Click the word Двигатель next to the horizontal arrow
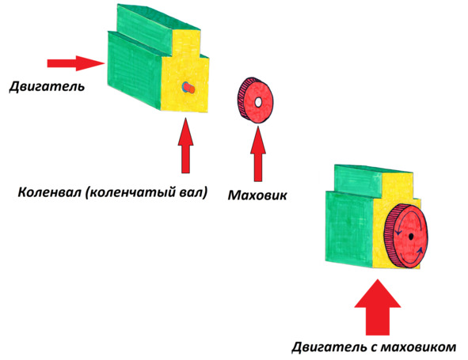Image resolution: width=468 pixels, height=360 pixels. pyautogui.click(x=47, y=86)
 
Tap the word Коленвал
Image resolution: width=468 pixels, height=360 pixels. pyautogui.click(x=50, y=192)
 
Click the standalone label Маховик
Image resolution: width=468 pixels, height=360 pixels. pyautogui.click(x=257, y=195)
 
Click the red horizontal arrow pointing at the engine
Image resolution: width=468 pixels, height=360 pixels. pyautogui.click(x=76, y=63)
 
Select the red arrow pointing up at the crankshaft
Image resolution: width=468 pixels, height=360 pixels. pyautogui.click(x=185, y=146)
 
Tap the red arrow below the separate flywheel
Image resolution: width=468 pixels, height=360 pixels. pyautogui.click(x=258, y=153)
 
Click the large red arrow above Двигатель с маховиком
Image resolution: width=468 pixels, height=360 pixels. pyautogui.click(x=378, y=307)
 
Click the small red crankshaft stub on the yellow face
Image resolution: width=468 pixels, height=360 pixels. pyautogui.click(x=189, y=88)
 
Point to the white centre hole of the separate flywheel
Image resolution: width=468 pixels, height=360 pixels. pyautogui.click(x=258, y=102)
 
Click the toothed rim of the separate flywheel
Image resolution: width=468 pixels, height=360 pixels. pyautogui.click(x=242, y=98)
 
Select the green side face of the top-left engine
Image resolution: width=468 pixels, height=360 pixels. pyautogui.click(x=135, y=70)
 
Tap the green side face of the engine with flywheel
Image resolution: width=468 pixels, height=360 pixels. pyautogui.click(x=349, y=228)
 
